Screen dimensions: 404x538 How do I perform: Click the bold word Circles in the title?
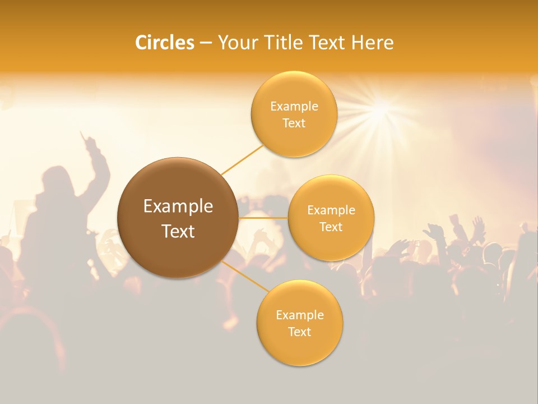[164, 43]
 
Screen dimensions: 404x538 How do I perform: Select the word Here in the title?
[372, 43]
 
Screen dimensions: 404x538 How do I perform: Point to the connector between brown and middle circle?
[263, 218]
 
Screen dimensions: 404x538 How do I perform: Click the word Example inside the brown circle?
[178, 206]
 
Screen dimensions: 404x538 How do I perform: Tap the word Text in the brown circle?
[178, 231]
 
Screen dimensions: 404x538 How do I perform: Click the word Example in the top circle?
[294, 107]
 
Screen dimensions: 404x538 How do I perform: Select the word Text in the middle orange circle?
[331, 227]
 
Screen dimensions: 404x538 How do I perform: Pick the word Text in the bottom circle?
[299, 332]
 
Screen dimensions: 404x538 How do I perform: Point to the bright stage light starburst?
[382, 107]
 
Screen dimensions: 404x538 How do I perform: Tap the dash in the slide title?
[206, 43]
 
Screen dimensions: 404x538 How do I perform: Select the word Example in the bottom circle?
[299, 315]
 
